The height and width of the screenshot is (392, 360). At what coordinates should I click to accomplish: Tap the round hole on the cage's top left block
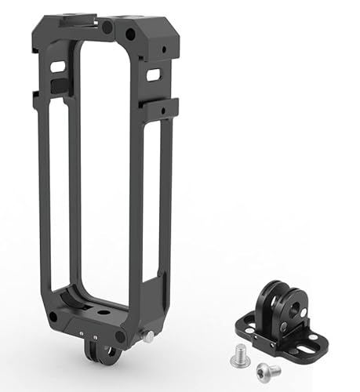(107, 27)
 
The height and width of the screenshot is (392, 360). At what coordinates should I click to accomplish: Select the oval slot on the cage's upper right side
(154, 74)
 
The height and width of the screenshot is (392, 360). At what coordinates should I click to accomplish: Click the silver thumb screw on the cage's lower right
(147, 336)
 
